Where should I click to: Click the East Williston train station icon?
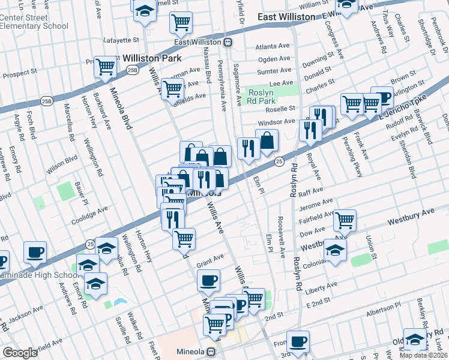coord(228,42)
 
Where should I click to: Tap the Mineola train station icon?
coord(211,352)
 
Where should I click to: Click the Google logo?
coord(20,353)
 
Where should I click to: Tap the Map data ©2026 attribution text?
coord(424,355)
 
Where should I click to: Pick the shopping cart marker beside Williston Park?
coord(106,67)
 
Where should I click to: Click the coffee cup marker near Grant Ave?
coord(208,280)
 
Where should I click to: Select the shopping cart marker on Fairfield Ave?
coord(345,220)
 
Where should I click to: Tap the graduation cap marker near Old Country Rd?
coord(415,339)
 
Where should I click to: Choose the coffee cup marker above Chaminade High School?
coord(35,251)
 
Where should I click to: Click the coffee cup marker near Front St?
coord(298,341)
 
